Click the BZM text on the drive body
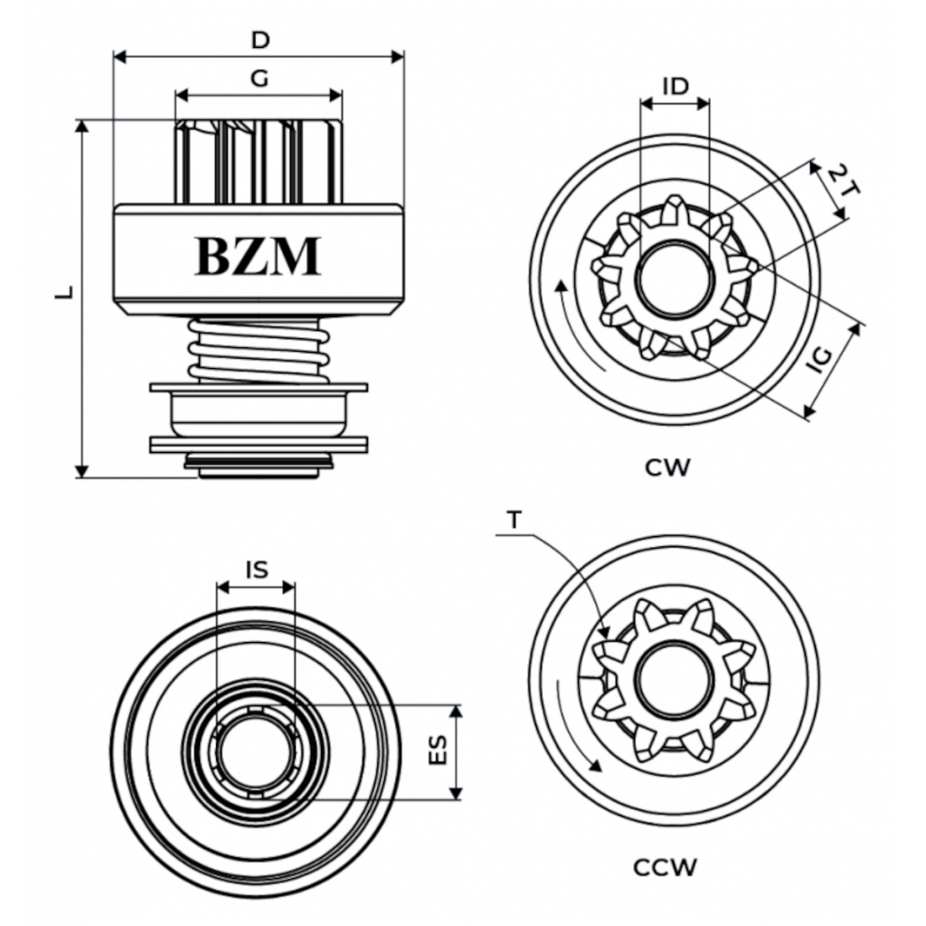click(x=258, y=257)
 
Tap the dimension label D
click(x=260, y=41)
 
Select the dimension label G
click(x=260, y=79)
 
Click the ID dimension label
click(x=675, y=86)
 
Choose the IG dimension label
click(x=820, y=359)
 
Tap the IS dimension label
click(x=256, y=569)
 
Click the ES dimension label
click(x=439, y=751)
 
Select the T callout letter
click(x=515, y=520)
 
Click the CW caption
click(x=668, y=468)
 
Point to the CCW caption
click(x=665, y=869)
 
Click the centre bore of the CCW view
click(x=674, y=679)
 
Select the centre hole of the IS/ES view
click(x=256, y=751)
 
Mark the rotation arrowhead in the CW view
click(x=562, y=287)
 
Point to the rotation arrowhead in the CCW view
click(x=594, y=766)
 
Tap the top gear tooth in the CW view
click(x=674, y=208)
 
